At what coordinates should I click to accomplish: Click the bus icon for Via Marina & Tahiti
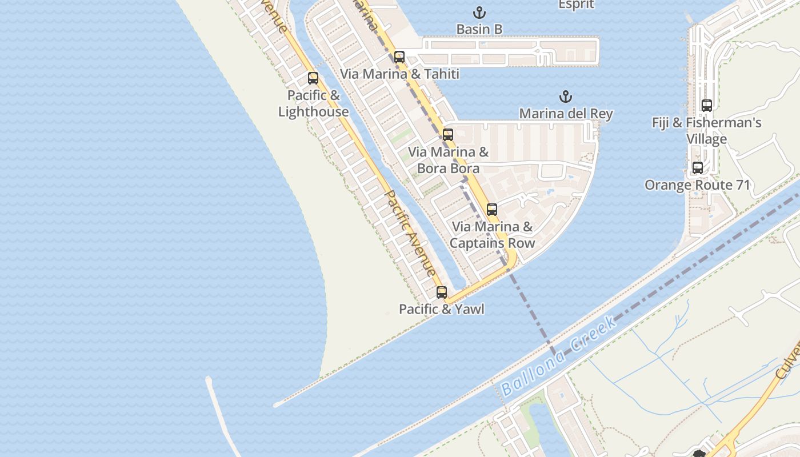[x=399, y=57]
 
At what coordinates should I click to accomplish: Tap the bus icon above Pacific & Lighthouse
[x=313, y=78]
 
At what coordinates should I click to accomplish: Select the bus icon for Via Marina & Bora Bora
[x=448, y=135]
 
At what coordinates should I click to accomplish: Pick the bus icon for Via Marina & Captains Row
[x=492, y=210]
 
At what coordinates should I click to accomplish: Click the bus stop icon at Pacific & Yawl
[x=442, y=292]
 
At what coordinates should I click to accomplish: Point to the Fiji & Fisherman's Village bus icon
[x=707, y=106]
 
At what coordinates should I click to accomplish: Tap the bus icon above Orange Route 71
[x=698, y=168]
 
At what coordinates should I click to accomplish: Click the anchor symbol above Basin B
[x=479, y=13]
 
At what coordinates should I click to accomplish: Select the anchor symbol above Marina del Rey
[x=566, y=97]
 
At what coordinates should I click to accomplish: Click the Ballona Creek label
[x=559, y=356]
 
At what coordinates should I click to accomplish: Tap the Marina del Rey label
[x=566, y=114]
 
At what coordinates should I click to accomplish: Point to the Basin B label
[x=479, y=29]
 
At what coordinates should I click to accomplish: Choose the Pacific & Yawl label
[x=442, y=309]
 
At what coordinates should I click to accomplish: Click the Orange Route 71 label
[x=697, y=185]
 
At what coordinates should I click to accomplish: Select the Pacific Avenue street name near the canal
[x=410, y=234]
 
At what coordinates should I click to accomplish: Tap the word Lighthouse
[x=313, y=112]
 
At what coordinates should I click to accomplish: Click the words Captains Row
[x=493, y=243]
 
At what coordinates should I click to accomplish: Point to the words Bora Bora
[x=448, y=169]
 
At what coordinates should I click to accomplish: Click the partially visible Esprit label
[x=576, y=5]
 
